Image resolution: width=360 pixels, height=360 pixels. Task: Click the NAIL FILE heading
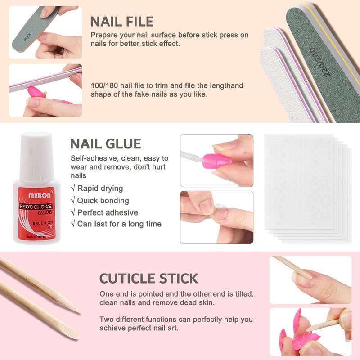[x=122, y=22]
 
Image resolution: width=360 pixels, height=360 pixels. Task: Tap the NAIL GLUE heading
[x=106, y=144]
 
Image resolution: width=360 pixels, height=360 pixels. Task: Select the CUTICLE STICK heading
[x=149, y=279]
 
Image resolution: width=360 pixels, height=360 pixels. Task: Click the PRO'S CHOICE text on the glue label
[x=36, y=207]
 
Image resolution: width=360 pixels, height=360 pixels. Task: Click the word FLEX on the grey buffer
[x=27, y=37]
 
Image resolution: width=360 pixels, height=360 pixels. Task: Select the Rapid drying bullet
[x=97, y=188]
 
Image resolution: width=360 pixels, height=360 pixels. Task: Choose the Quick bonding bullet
[x=100, y=200]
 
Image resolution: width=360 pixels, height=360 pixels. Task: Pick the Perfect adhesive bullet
[x=104, y=212]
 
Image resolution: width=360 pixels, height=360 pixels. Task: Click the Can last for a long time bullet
[x=116, y=224]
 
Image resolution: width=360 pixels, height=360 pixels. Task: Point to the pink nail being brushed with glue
[x=217, y=161]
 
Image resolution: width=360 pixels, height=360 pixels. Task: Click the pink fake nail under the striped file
[x=36, y=92]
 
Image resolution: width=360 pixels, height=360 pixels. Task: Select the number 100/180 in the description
[x=104, y=85]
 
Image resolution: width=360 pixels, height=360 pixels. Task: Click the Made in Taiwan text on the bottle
[x=36, y=237]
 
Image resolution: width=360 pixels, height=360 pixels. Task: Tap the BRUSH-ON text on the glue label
[x=43, y=223]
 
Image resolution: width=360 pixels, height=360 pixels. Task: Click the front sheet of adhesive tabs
[x=299, y=182]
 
